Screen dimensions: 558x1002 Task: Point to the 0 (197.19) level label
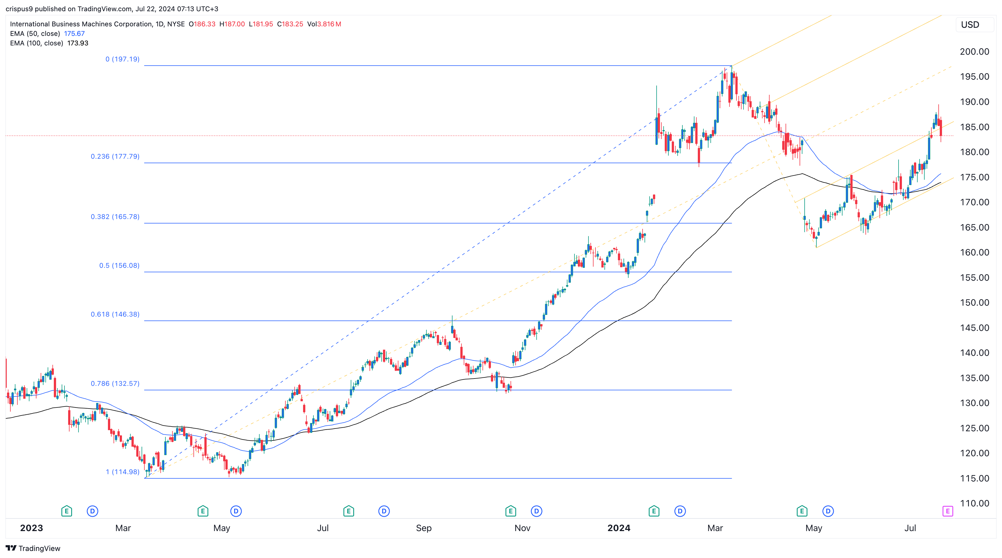click(x=122, y=59)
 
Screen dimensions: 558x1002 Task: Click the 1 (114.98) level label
click(x=122, y=472)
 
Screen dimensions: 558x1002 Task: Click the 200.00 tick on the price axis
click(x=974, y=52)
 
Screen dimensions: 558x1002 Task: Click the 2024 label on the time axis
click(x=618, y=528)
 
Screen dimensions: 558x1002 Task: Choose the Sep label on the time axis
click(x=424, y=528)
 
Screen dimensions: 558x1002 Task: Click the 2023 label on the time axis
click(x=31, y=528)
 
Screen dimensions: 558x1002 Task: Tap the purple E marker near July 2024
click(x=948, y=511)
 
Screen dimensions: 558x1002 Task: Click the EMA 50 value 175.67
click(x=74, y=33)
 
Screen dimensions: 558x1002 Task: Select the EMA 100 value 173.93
click(x=78, y=43)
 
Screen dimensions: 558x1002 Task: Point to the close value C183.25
click(x=290, y=24)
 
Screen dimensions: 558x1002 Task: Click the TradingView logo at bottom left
click(x=33, y=548)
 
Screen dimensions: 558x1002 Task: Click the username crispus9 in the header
click(x=19, y=9)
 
